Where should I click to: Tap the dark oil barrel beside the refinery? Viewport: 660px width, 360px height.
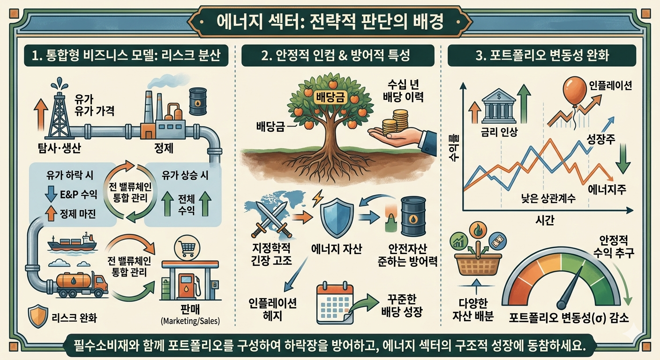tap(197, 100)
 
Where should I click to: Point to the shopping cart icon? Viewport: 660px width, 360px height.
tap(184, 247)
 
